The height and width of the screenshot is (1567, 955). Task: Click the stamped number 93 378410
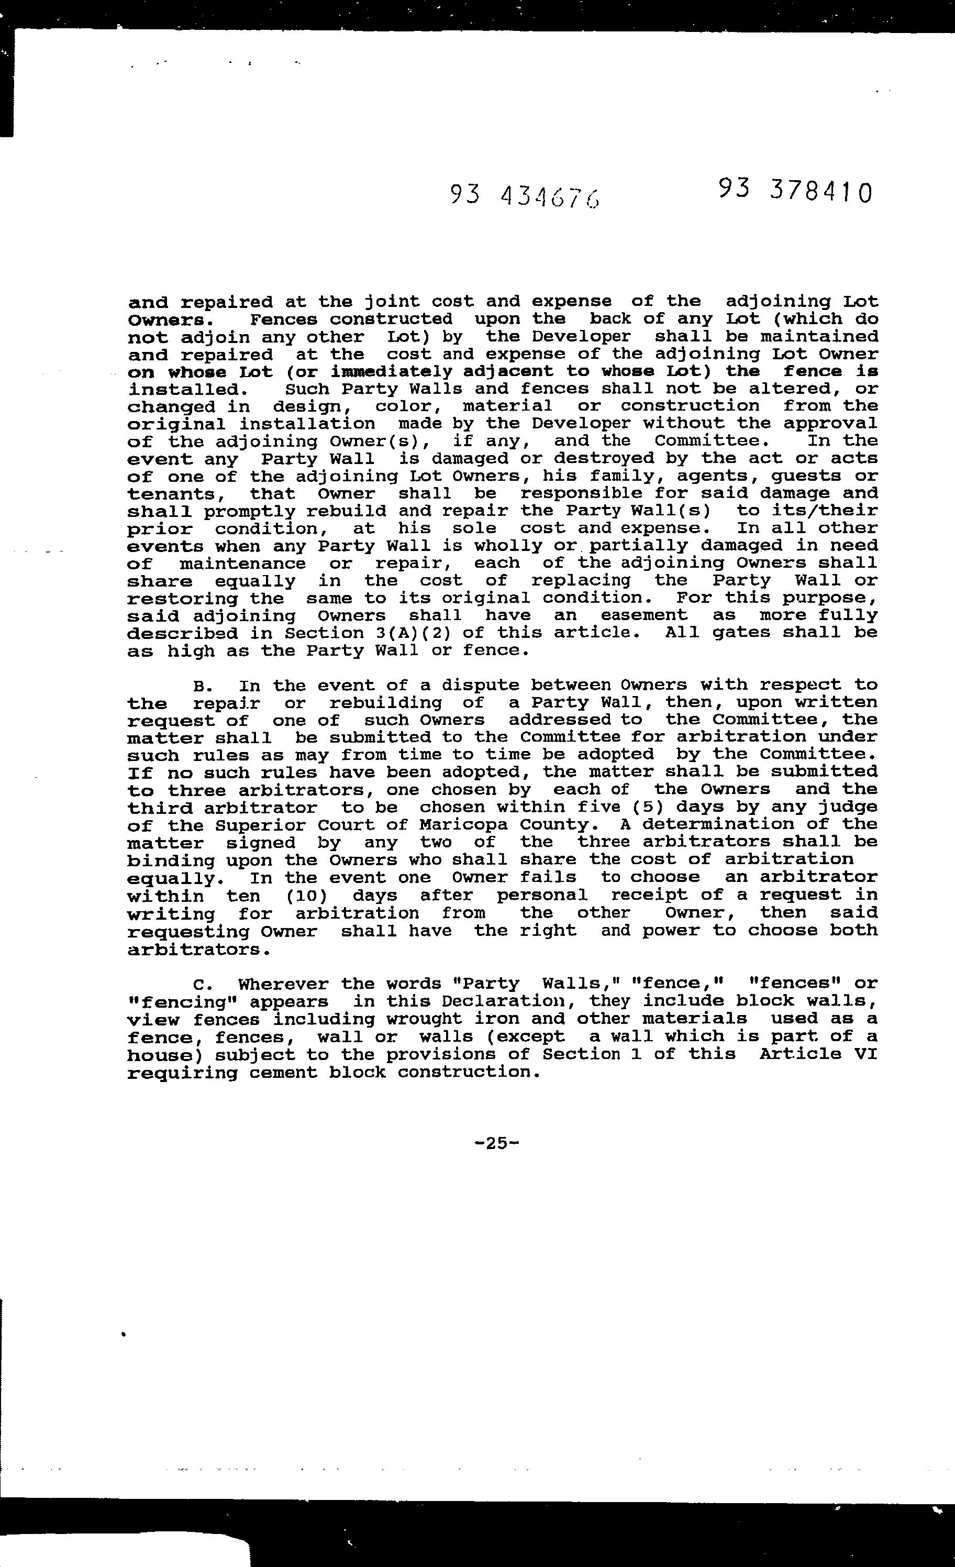pyautogui.click(x=795, y=190)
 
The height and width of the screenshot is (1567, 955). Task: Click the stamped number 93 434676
pyautogui.click(x=525, y=196)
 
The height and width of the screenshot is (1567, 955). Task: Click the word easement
pyautogui.click(x=643, y=615)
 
